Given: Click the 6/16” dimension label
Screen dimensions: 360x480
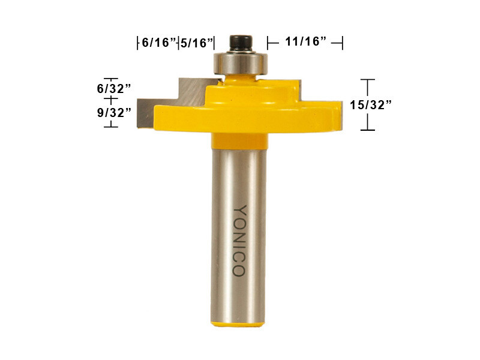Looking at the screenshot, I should [x=158, y=43].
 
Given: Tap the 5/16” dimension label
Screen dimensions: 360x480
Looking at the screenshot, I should [x=197, y=43].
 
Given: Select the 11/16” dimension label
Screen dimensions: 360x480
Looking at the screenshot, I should [x=305, y=42].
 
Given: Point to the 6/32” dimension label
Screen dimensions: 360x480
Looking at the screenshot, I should [x=114, y=88].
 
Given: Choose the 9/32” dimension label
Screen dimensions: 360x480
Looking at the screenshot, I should [x=114, y=112].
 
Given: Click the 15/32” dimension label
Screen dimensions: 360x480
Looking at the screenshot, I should [x=371, y=104].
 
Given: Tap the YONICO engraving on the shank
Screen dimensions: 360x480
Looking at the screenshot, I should [x=239, y=241].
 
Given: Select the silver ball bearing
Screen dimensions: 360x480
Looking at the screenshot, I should [x=241, y=62].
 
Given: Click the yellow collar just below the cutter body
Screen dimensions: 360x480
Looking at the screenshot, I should [x=239, y=140].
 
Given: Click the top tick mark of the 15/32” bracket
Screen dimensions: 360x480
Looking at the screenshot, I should [x=367, y=80].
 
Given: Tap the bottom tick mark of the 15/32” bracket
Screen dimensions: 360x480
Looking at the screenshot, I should [x=367, y=130].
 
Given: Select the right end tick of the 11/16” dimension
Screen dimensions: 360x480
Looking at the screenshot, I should [x=341, y=42].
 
